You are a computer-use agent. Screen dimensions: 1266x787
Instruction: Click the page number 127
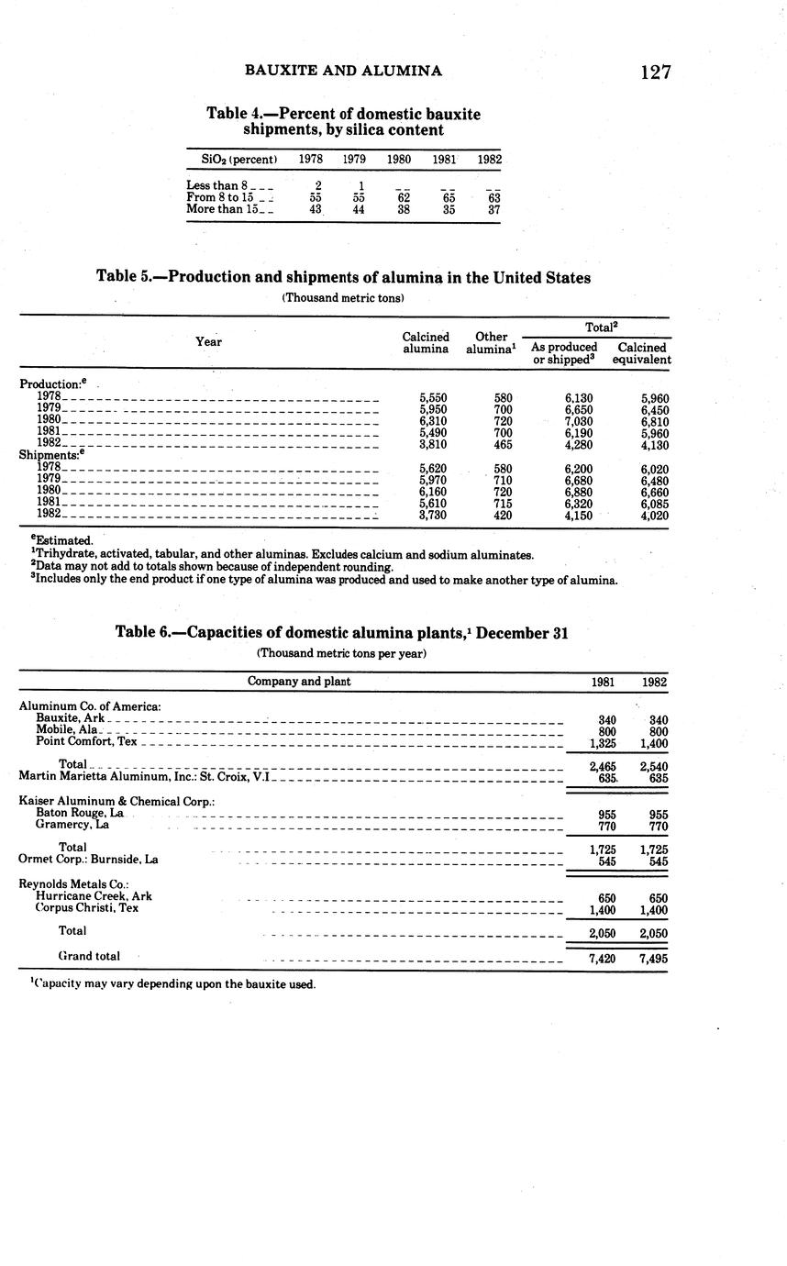click(x=656, y=72)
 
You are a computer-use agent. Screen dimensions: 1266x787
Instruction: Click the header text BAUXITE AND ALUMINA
click(x=343, y=71)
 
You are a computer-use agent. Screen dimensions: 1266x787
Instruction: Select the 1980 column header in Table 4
click(x=398, y=159)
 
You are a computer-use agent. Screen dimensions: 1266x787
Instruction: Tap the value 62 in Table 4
click(x=403, y=197)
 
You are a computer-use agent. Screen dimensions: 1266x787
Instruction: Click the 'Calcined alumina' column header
click(x=426, y=343)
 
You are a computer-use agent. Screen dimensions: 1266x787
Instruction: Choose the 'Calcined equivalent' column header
click(x=642, y=353)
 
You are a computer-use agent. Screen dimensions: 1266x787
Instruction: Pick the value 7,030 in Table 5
click(x=579, y=421)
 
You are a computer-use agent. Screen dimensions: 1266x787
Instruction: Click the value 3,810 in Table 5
click(x=432, y=445)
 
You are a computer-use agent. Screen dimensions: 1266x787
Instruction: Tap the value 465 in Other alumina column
click(x=503, y=445)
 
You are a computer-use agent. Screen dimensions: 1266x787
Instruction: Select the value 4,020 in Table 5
click(x=653, y=516)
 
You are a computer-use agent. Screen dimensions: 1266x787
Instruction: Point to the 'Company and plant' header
click(x=299, y=682)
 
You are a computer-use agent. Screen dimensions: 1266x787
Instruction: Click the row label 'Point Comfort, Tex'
click(x=86, y=741)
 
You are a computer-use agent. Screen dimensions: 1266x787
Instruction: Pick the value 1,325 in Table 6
click(x=602, y=743)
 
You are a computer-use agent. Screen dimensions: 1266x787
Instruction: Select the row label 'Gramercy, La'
click(x=72, y=825)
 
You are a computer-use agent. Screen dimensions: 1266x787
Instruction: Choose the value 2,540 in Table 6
click(x=653, y=765)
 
